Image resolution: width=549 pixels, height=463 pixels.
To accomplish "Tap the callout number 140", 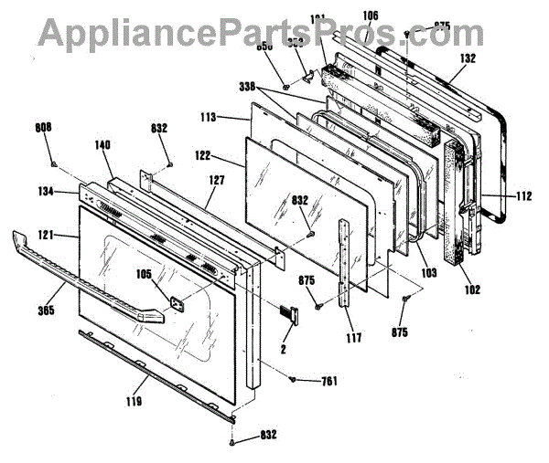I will point(102,144).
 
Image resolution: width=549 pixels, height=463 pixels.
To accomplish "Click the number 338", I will point(247,86).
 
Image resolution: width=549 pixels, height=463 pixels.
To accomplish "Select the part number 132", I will point(467,57).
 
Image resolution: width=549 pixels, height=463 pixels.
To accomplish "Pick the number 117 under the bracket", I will point(353,338).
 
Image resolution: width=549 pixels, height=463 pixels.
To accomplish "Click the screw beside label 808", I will point(54,164).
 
